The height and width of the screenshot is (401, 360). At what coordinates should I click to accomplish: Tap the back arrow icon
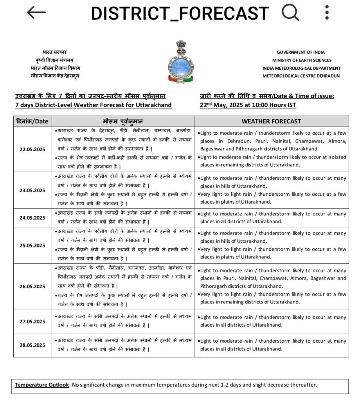point(36,13)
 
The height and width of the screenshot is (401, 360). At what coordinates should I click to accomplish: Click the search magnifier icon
point(290,13)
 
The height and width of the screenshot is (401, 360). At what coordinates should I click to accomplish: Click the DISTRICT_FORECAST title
point(180,13)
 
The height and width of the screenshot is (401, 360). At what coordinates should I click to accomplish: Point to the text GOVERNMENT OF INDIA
point(301,52)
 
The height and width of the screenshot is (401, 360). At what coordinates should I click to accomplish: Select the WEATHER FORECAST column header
point(271,121)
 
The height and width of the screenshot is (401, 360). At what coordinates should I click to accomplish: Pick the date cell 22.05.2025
point(32,149)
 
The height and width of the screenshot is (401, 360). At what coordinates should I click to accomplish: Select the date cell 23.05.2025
point(32,190)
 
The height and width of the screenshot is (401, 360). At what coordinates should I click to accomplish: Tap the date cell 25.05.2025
point(32,246)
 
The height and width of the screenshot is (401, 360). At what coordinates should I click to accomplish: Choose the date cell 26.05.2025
point(32,286)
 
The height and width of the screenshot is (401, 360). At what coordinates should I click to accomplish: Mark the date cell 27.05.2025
point(32,321)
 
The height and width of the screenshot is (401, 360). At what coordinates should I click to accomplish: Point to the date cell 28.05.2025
point(32,345)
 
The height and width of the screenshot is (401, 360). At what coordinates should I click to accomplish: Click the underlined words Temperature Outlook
point(42,385)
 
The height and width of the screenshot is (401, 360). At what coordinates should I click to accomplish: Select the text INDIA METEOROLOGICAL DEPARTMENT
point(301,68)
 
